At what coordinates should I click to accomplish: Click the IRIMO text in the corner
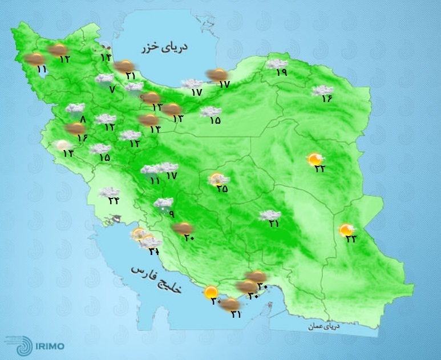(49, 345)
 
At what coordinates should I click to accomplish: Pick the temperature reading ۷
(112, 88)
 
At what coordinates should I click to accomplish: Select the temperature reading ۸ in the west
(82, 119)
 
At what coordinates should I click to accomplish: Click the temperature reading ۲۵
(222, 189)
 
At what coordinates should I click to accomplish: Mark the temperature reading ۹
(170, 214)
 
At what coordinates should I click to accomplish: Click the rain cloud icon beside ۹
(164, 204)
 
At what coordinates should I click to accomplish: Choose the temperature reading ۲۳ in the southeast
(351, 239)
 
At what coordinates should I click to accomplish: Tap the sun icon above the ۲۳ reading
(346, 229)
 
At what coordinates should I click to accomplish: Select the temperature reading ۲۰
(189, 238)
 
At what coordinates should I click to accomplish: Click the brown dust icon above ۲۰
(183, 228)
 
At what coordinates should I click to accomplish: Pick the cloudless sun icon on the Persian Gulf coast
(211, 292)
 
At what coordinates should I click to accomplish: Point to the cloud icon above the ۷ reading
(105, 79)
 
